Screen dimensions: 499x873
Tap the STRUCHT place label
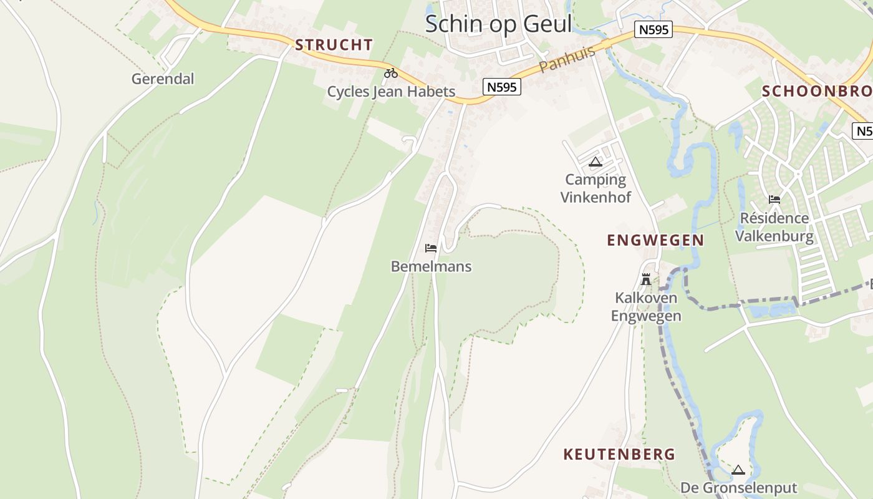(334, 45)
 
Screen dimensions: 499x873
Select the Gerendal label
(163, 79)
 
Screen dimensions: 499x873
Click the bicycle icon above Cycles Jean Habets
(391, 73)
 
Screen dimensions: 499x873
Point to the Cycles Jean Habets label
(391, 92)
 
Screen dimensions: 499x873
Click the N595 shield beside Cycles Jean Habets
(502, 87)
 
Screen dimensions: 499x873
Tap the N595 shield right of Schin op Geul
(654, 29)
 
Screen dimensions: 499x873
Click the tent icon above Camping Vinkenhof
(596, 162)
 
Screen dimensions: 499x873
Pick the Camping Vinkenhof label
(596, 188)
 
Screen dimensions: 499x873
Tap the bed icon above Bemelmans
(430, 248)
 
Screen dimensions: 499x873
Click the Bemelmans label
(431, 266)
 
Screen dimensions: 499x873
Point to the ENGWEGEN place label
(655, 240)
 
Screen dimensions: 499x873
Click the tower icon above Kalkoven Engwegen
(646, 279)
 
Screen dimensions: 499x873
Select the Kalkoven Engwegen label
(646, 307)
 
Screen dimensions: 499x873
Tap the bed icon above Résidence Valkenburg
(774, 200)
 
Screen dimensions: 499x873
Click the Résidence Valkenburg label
(774, 227)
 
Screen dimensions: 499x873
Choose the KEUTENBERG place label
(619, 454)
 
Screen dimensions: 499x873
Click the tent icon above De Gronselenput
(738, 470)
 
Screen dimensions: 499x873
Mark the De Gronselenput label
(738, 488)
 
